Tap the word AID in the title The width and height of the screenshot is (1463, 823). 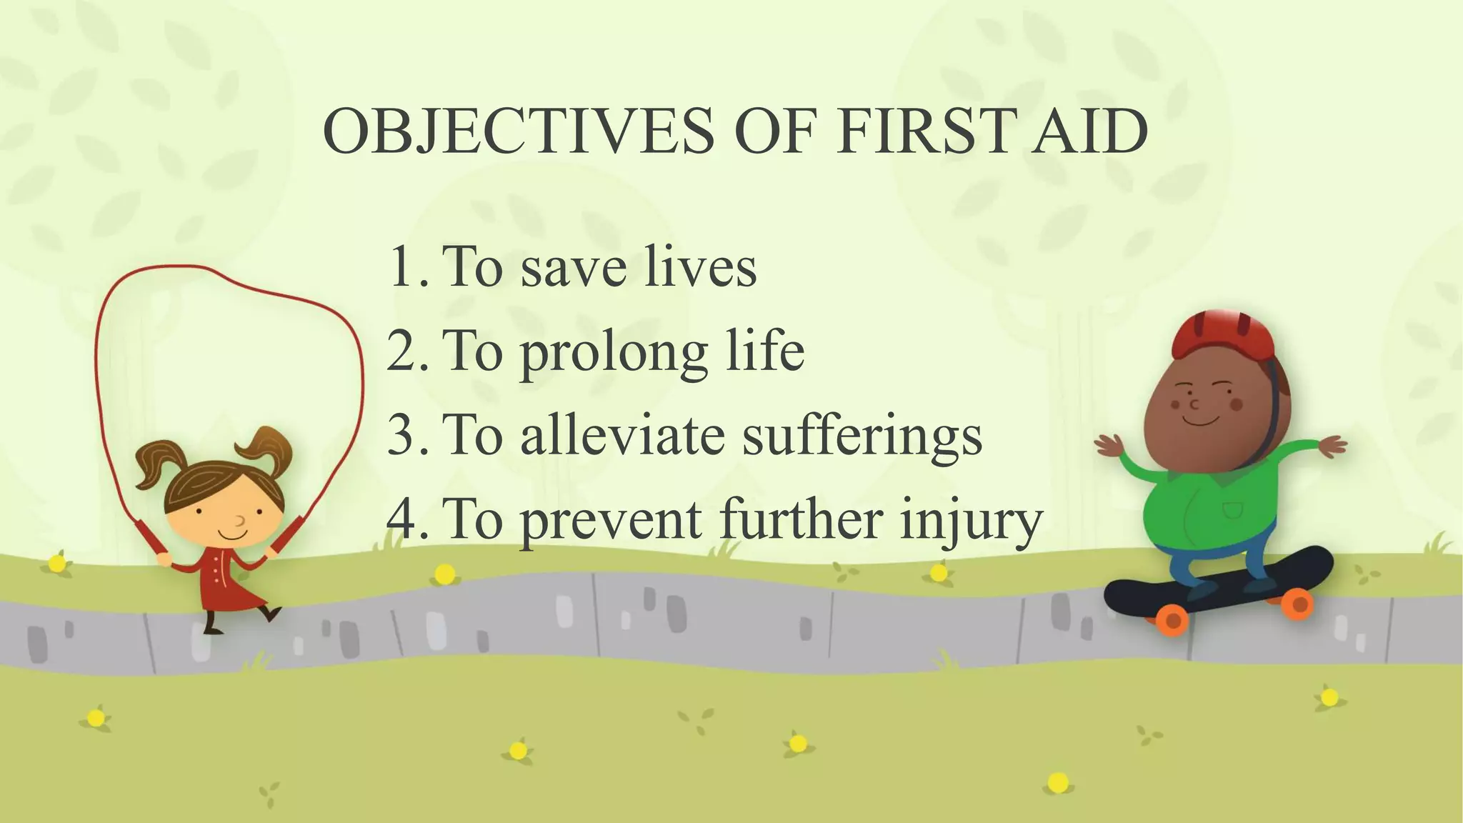(1089, 131)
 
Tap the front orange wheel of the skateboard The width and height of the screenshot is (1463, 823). (1172, 620)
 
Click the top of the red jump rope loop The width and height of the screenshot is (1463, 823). (193, 267)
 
